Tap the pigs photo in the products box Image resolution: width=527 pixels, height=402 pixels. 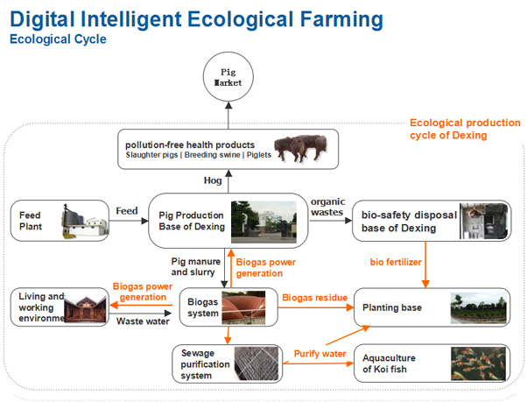pos(301,149)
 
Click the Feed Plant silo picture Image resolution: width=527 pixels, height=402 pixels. pos(84,221)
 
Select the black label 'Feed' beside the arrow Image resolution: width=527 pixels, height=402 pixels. pos(127,211)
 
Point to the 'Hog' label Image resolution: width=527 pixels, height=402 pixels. pos(213,180)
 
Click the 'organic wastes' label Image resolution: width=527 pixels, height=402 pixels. pos(327,207)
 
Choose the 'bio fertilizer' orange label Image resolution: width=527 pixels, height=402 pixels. pos(396,262)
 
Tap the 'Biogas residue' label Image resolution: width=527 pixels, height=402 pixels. pos(314,298)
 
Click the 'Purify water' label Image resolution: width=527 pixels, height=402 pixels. pos(320,354)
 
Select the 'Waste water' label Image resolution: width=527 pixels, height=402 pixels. pos(143,321)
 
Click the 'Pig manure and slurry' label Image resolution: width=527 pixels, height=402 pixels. pos(195,266)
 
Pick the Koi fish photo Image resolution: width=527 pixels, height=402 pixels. pos(478,363)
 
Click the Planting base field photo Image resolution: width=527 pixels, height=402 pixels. pos(478,308)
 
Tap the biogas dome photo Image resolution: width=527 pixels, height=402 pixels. pos(243,307)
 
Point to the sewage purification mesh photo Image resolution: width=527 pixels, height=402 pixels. pos(256,363)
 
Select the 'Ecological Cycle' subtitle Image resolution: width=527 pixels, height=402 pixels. pos(58,39)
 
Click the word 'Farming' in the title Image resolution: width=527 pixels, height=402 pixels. pos(341,19)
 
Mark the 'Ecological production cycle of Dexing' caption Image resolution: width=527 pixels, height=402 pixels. pos(465,129)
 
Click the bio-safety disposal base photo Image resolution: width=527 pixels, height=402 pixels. pos(483,221)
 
